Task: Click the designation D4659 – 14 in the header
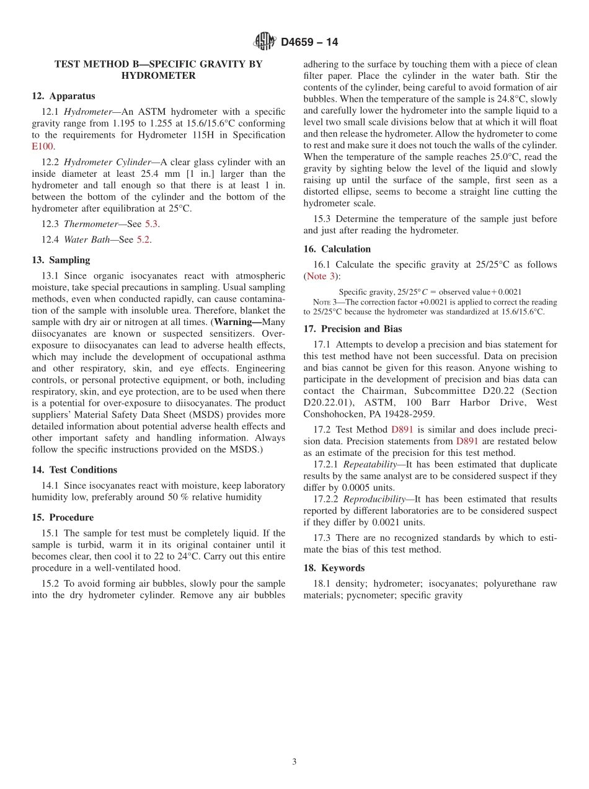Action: click(309, 42)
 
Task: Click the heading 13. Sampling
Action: click(61, 260)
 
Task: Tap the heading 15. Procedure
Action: click(63, 517)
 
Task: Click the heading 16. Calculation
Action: click(337, 249)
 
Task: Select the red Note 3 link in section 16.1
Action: click(321, 276)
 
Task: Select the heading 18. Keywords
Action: click(334, 568)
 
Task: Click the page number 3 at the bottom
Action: click(294, 762)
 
